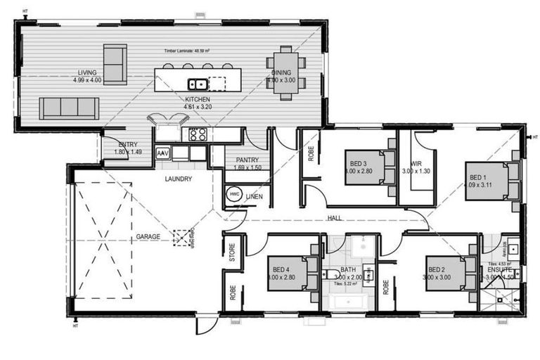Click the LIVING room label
(x=87, y=72)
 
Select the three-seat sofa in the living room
(x=68, y=108)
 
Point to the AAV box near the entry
(x=162, y=153)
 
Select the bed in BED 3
(x=365, y=168)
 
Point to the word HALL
(x=335, y=219)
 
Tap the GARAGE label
(x=148, y=236)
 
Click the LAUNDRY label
(x=179, y=179)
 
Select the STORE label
(x=231, y=250)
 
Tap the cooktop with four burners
(x=195, y=134)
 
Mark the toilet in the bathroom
(x=331, y=274)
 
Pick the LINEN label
(x=254, y=197)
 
